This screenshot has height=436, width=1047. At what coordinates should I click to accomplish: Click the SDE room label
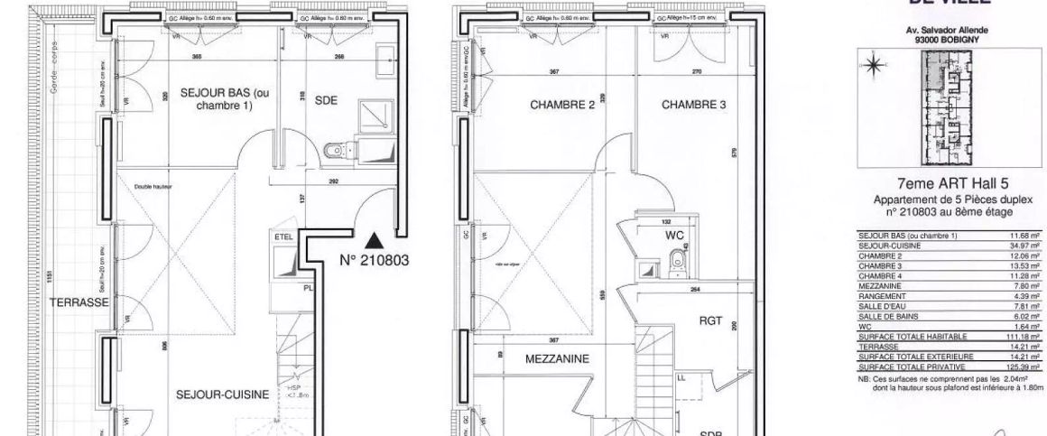326,101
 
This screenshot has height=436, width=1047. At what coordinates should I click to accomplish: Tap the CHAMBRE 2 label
562,105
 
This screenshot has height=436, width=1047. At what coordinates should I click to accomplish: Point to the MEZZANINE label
557,358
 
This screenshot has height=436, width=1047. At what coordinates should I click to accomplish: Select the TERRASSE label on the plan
79,302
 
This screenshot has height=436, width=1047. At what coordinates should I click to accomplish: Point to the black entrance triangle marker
375,240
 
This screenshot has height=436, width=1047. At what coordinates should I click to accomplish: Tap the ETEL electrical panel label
283,236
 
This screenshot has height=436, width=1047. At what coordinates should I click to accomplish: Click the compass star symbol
873,63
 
